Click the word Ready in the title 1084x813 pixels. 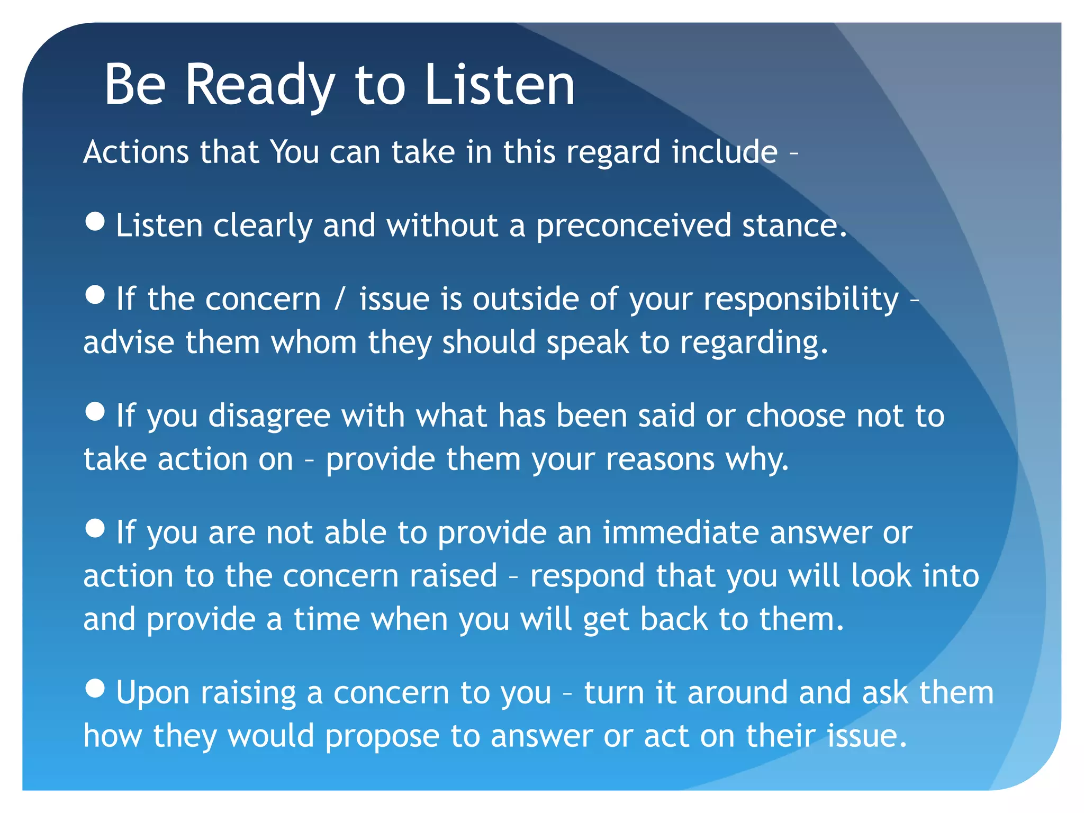[259, 85]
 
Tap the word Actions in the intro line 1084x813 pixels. [136, 152]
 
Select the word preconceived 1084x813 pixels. [634, 226]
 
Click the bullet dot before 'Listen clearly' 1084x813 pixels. [95, 221]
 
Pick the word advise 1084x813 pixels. [129, 342]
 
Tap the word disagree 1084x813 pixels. [269, 415]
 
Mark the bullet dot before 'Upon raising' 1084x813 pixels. [95, 689]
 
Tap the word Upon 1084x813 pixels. [152, 693]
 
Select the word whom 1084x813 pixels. [314, 342]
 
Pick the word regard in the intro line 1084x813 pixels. [613, 152]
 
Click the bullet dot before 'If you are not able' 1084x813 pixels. [95, 528]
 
